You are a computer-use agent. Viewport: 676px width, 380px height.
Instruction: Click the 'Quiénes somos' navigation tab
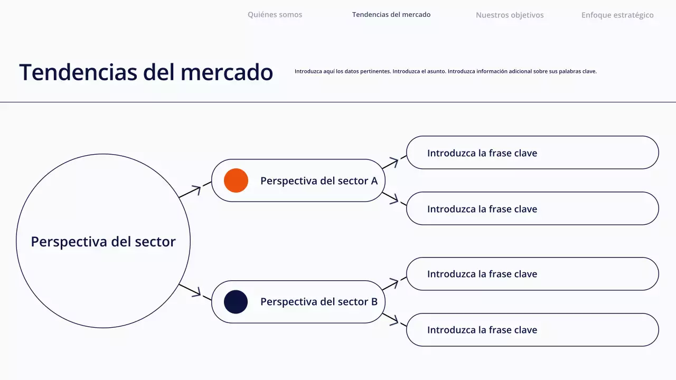[x=275, y=15]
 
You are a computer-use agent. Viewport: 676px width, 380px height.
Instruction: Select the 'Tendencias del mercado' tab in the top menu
[x=391, y=15]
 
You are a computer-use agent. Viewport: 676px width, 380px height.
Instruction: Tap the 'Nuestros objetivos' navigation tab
[x=510, y=15]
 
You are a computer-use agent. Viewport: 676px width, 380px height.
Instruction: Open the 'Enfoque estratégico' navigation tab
[x=617, y=15]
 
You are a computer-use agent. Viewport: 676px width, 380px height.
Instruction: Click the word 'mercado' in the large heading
[x=227, y=72]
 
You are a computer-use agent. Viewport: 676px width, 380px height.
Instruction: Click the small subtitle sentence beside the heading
[x=445, y=71]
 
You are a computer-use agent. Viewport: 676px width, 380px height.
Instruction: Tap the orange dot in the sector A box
[x=236, y=180]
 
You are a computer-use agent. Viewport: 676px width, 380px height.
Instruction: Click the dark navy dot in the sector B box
[x=236, y=302]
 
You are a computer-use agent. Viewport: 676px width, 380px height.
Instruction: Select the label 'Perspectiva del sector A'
[x=319, y=180]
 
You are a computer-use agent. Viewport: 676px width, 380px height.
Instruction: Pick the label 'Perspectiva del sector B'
[x=319, y=302]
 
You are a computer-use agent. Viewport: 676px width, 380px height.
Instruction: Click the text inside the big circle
[x=103, y=242]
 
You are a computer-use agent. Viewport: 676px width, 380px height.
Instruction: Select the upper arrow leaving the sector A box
[x=393, y=162]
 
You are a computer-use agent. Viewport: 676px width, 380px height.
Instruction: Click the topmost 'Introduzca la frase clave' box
[x=532, y=153]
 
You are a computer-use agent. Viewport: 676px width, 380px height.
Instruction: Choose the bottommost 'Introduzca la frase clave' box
[x=532, y=330]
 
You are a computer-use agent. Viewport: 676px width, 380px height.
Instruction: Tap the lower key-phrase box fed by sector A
[x=532, y=208]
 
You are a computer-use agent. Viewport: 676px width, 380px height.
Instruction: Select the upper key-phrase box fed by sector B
[x=532, y=274]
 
